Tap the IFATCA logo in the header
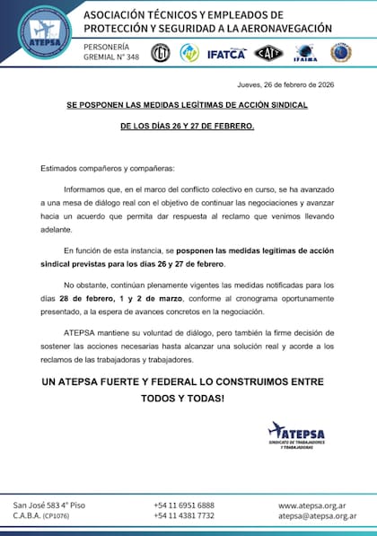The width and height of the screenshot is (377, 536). pyautogui.click(x=226, y=53)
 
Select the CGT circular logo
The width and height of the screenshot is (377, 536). pyautogui.click(x=160, y=52)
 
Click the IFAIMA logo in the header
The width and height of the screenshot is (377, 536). pyautogui.click(x=303, y=53)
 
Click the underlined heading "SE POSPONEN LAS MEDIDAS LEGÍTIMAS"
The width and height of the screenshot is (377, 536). pyautogui.click(x=187, y=104)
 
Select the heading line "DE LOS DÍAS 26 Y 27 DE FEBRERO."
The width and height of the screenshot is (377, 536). pyautogui.click(x=187, y=127)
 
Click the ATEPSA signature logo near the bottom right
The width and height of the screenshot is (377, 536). pyautogui.click(x=295, y=435)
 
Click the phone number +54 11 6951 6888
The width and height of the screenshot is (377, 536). pyautogui.click(x=184, y=505)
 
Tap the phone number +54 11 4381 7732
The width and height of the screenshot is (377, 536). pyautogui.click(x=184, y=516)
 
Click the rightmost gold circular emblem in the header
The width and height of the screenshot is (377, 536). pyautogui.click(x=340, y=53)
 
